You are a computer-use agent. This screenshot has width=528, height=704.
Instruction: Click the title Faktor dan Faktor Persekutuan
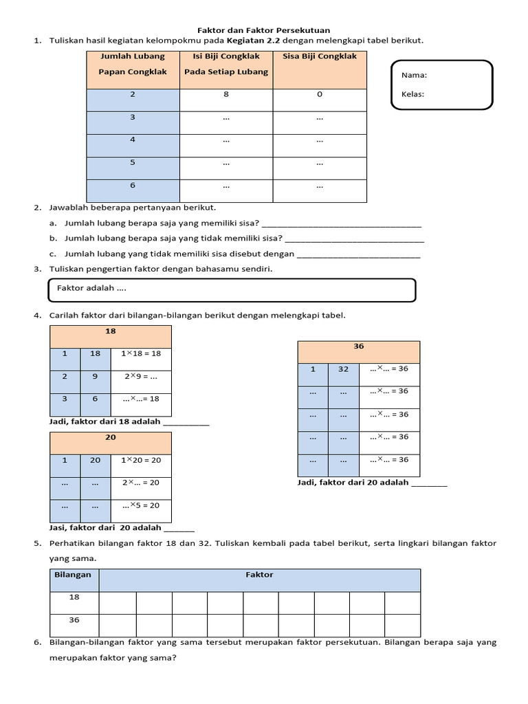tap(264, 30)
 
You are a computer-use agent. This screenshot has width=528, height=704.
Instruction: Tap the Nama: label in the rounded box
tap(413, 75)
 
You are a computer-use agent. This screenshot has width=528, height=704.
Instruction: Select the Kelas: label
tap(413, 94)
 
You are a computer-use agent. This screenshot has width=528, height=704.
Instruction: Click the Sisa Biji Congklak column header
tap(320, 57)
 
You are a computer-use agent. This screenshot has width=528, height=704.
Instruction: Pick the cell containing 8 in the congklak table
tap(226, 95)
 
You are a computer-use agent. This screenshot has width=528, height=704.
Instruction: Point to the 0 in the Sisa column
tap(320, 95)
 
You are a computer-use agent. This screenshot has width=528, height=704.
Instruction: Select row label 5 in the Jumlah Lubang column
tap(133, 162)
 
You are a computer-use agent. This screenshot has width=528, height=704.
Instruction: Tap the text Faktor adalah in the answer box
tap(91, 288)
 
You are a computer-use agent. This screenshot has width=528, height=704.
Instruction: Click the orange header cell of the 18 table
tap(110, 331)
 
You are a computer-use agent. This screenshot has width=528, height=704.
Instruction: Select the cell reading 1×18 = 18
tap(141, 353)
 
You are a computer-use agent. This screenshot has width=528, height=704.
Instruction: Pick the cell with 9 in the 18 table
tap(96, 376)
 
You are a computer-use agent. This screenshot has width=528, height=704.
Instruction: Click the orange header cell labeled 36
tap(358, 346)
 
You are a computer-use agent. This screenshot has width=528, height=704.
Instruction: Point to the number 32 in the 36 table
tap(343, 369)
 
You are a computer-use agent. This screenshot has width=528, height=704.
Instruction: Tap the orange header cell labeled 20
tap(110, 438)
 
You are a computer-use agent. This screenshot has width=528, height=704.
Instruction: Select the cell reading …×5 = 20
tap(141, 505)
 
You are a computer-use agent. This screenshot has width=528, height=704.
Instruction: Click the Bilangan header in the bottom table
tap(73, 575)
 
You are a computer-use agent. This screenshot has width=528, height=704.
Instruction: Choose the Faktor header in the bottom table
tap(259, 575)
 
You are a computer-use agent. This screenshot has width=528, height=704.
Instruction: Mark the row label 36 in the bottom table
tap(74, 620)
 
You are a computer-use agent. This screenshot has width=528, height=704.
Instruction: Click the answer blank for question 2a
tap(342, 223)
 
